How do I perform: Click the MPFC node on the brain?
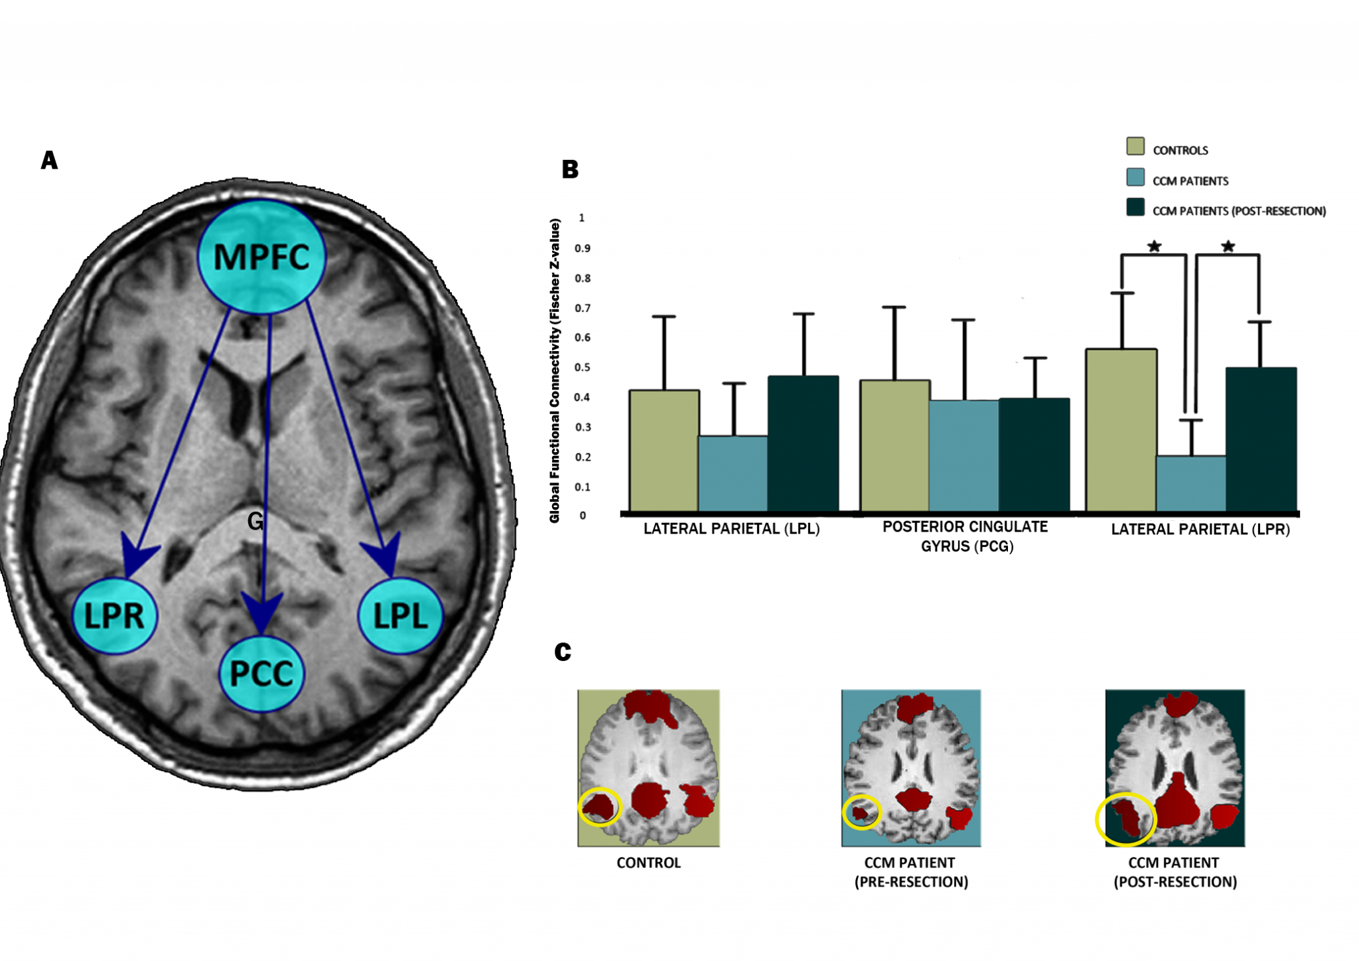[261, 257]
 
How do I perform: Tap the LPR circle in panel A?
[114, 616]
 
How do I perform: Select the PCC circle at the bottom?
[261, 674]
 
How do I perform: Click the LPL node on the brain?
[400, 615]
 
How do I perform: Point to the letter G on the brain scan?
[255, 522]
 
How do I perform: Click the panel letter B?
[570, 170]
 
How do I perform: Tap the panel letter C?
[563, 652]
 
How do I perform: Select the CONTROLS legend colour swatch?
[1135, 146]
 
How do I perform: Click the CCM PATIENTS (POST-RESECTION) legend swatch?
[1135, 207]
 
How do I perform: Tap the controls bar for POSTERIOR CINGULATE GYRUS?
[894, 445]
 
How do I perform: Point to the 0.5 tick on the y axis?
[583, 367]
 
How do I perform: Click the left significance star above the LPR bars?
[1154, 247]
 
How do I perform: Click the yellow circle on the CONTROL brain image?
[599, 806]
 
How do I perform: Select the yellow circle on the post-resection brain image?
[1125, 819]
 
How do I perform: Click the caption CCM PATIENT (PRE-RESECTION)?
[910, 872]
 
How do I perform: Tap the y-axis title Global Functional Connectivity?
[555, 370]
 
